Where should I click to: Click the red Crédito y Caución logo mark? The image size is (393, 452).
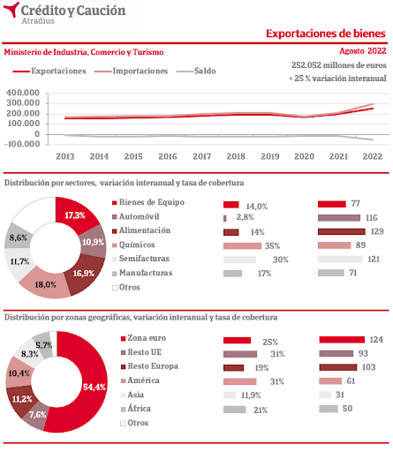[x=11, y=10]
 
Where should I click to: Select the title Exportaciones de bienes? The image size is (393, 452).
[x=326, y=34]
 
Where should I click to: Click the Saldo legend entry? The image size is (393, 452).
[x=196, y=71]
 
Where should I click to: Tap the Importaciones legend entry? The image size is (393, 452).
[x=132, y=71]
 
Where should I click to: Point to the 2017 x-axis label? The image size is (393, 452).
[x=201, y=156]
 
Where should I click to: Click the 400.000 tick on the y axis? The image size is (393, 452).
[x=23, y=93]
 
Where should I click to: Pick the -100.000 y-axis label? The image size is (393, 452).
[x=22, y=144]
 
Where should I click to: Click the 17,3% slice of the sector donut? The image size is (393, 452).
[x=77, y=215]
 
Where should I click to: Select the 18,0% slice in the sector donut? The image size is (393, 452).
[x=46, y=283]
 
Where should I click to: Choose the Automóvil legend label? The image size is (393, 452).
[x=139, y=216]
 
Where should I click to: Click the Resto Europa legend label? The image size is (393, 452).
[x=153, y=366]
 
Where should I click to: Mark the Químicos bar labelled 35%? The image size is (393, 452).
[x=242, y=245]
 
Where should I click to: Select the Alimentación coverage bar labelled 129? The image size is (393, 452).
[x=342, y=231]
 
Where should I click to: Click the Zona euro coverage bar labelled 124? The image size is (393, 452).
[x=342, y=340]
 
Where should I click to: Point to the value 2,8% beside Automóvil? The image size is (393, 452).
[x=245, y=217]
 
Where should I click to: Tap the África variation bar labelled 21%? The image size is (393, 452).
[x=235, y=410]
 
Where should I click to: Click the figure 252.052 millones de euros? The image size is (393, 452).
[x=339, y=65]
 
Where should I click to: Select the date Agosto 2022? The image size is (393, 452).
[x=363, y=51]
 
